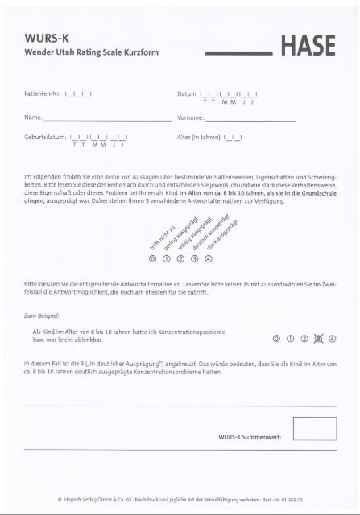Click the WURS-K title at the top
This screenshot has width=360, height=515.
click(x=46, y=37)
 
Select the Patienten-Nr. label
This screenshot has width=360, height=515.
click(x=44, y=94)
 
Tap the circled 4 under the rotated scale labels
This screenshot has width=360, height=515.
click(x=209, y=259)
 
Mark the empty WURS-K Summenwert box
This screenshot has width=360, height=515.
click(x=314, y=428)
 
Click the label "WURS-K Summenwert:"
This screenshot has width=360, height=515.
click(x=250, y=435)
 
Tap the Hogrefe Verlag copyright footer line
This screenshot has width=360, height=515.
click(x=180, y=500)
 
